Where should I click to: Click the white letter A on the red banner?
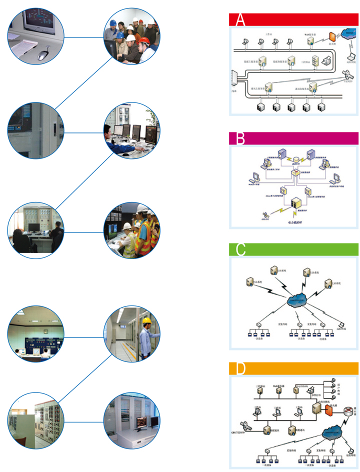click(240, 20)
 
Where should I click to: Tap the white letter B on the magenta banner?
click(240, 138)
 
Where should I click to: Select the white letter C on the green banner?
click(241, 250)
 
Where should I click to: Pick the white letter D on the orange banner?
click(241, 369)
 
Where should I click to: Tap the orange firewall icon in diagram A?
click(331, 37)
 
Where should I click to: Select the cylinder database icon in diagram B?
click(296, 156)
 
